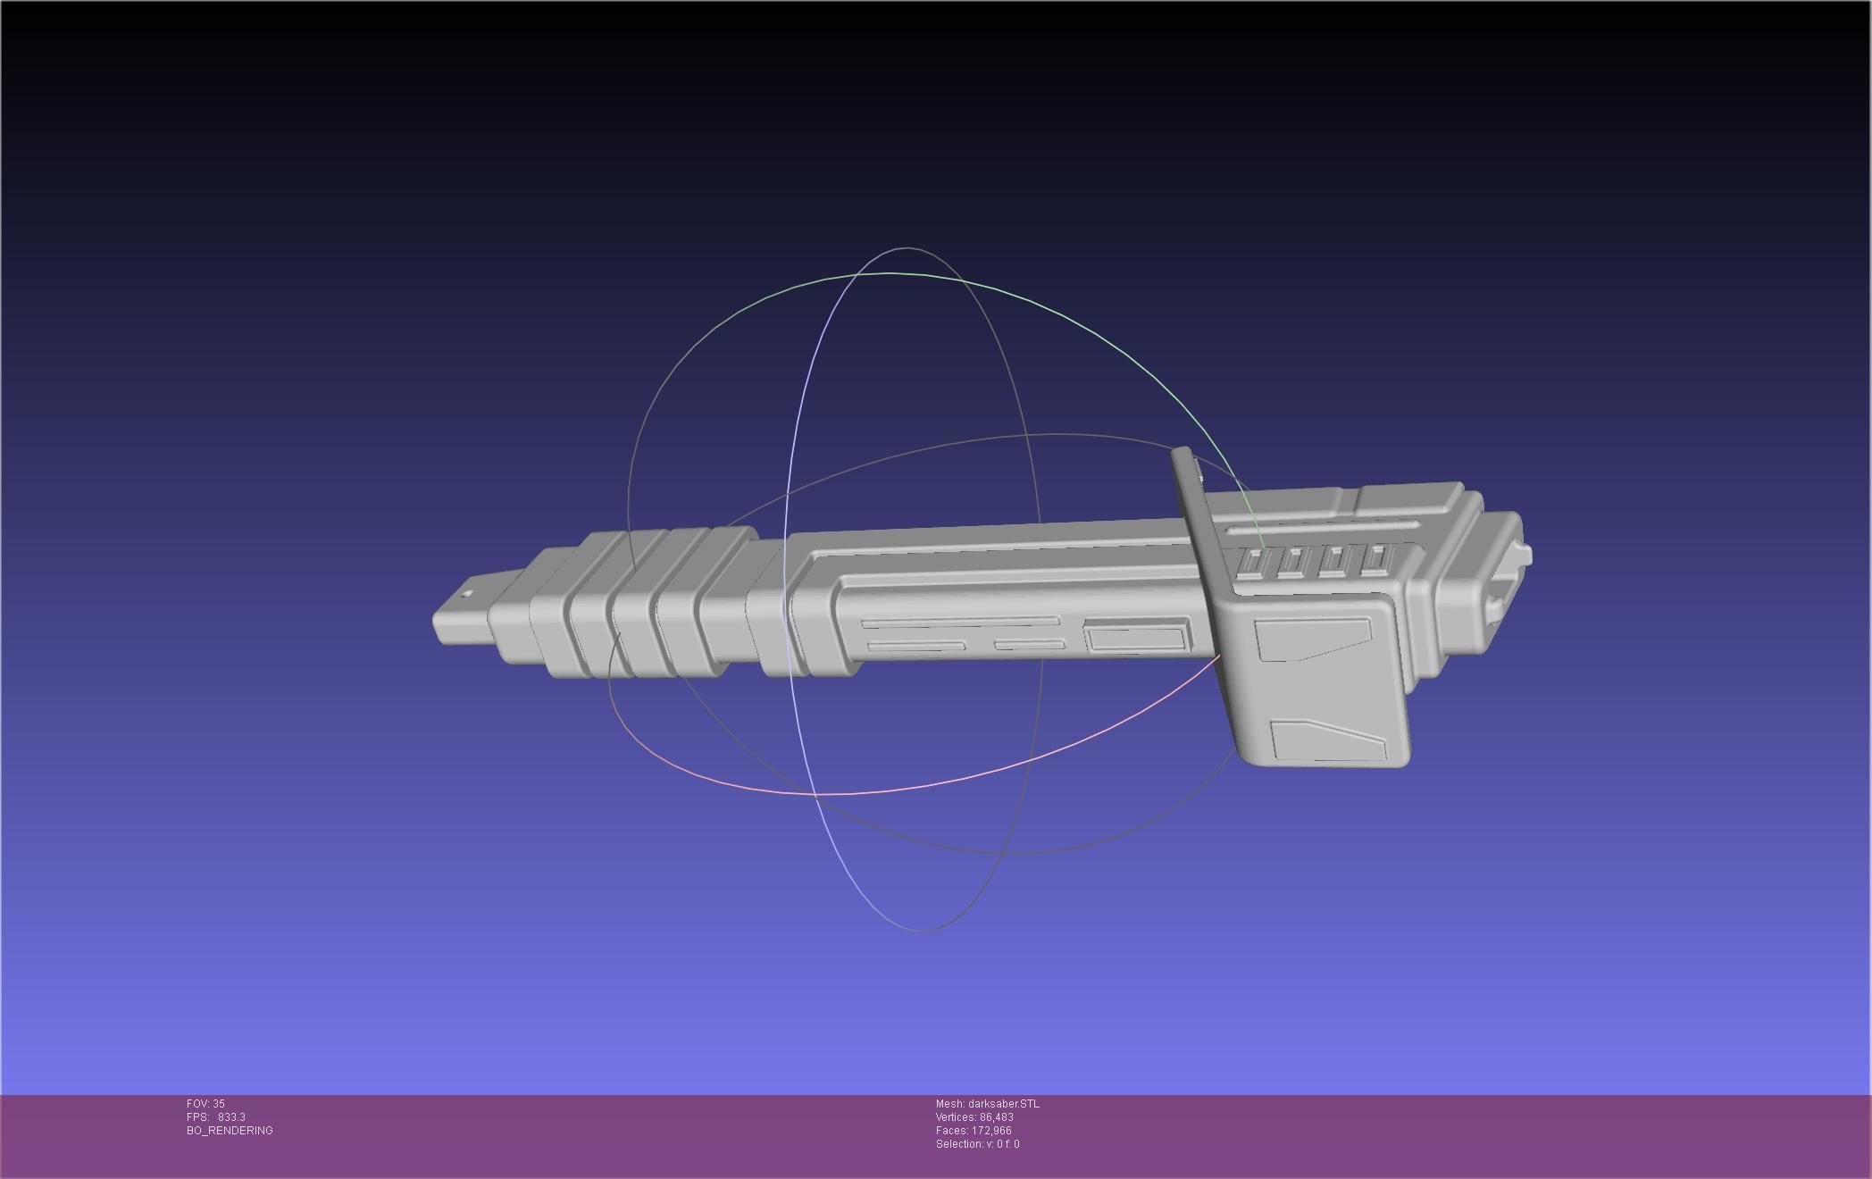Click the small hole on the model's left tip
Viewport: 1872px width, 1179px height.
click(x=466, y=595)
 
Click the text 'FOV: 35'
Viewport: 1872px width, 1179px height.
click(x=205, y=1104)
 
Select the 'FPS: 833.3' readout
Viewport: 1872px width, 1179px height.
click(x=216, y=1117)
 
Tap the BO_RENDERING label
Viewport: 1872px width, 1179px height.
click(x=230, y=1131)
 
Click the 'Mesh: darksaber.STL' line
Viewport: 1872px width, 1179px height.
click(x=987, y=1104)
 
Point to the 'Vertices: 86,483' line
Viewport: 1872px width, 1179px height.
click(x=974, y=1117)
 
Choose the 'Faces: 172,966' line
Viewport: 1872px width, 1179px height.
click(x=974, y=1131)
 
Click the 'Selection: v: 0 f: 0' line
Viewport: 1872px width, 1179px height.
click(x=977, y=1144)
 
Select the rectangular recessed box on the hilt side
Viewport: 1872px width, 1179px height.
click(x=1136, y=638)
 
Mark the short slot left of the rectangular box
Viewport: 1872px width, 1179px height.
click(x=1029, y=644)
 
